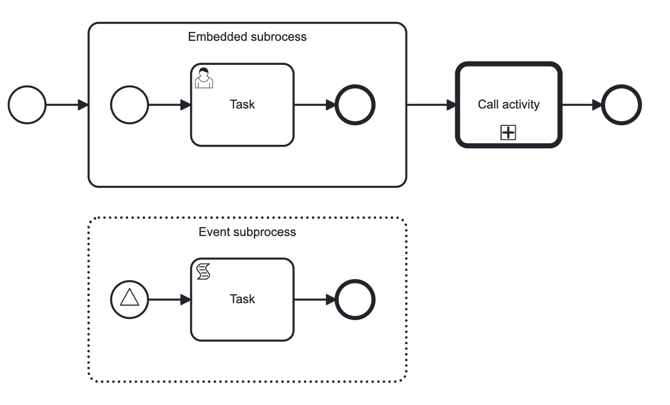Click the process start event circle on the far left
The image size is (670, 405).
27,105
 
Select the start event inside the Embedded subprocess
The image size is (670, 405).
130,105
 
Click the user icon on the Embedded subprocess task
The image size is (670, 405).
204,78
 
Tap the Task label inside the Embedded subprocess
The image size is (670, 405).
242,104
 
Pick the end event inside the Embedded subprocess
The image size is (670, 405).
355,105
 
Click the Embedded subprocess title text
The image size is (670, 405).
247,37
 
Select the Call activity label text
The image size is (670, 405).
508,104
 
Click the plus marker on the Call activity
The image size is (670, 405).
508,133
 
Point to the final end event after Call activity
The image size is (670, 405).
621,105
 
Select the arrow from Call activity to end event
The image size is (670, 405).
582,105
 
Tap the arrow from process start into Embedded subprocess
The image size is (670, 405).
67,105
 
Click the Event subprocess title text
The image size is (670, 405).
247,232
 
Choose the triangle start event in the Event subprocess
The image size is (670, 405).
130,299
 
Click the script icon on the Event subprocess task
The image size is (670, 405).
204,272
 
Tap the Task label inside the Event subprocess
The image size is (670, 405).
242,299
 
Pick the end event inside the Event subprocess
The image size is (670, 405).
355,299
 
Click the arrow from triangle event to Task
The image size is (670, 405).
169,299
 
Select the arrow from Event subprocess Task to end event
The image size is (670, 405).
314,299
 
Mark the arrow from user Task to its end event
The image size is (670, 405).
314,105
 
